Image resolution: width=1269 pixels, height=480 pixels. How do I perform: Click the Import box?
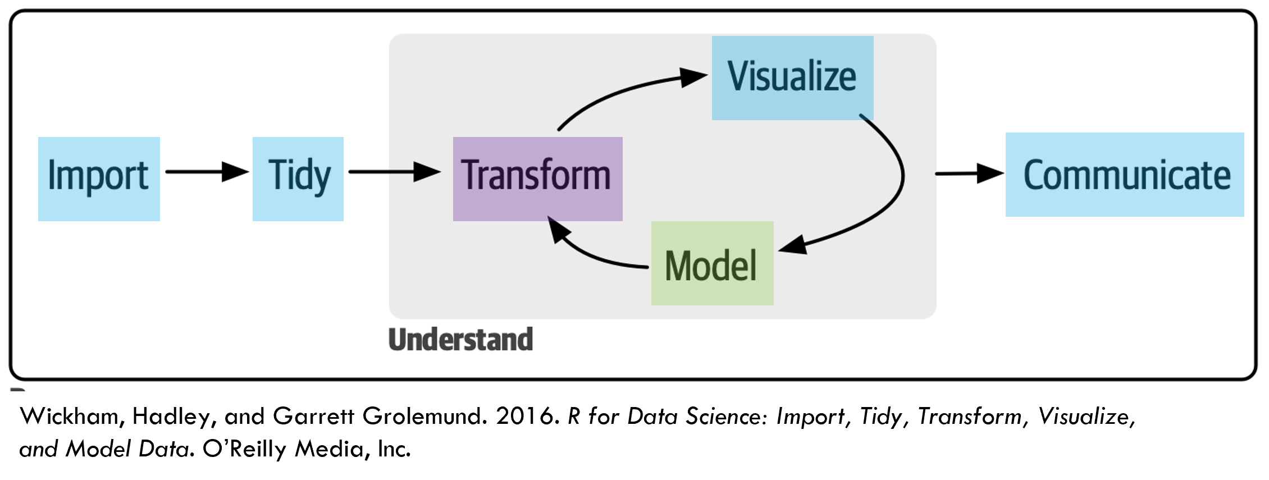[x=99, y=179]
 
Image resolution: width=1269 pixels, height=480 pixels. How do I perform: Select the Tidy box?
[x=298, y=179]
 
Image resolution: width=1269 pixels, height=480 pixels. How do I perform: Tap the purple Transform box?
[x=537, y=179]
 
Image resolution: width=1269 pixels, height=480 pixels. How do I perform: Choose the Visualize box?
[x=792, y=77]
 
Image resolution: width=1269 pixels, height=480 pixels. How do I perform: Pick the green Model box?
[x=712, y=263]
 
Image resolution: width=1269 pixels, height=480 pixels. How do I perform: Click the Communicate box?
[x=1124, y=175]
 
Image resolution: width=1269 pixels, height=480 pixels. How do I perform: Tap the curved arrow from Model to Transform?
[x=595, y=255]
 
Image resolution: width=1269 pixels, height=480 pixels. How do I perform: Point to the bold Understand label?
[x=460, y=340]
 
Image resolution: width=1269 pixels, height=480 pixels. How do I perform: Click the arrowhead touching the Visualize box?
[x=693, y=77]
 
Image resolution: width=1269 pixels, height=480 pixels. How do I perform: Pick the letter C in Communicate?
[x=1034, y=175]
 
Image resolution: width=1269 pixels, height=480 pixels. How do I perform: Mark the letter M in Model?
[x=677, y=265]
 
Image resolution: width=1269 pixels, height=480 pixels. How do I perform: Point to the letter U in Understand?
[x=398, y=340]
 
